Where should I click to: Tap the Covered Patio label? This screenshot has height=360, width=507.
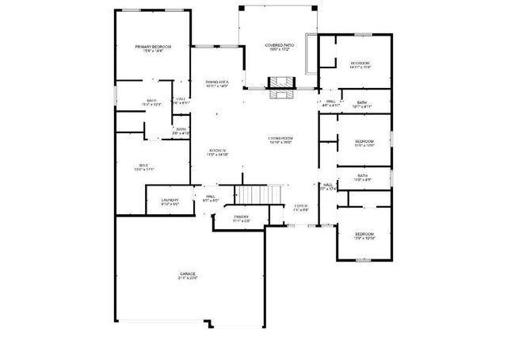(x=280, y=46)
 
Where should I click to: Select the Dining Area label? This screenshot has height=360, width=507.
(x=216, y=82)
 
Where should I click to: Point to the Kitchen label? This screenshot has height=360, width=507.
(x=217, y=150)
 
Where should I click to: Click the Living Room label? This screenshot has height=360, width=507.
(x=280, y=138)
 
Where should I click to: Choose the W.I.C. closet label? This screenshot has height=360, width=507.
(x=144, y=165)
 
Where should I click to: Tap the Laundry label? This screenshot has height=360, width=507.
(x=170, y=200)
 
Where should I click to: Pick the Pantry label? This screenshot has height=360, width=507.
(x=242, y=216)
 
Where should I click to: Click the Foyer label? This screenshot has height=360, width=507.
(x=301, y=206)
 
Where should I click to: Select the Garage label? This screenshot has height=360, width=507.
(x=187, y=274)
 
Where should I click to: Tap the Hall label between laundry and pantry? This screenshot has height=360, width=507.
(x=211, y=197)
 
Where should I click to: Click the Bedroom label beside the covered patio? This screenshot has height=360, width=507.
(x=360, y=63)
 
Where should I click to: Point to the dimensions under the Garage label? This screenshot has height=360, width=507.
(x=187, y=278)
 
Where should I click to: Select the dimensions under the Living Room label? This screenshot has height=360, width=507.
(x=280, y=143)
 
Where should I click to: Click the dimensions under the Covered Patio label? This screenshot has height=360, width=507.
(x=280, y=51)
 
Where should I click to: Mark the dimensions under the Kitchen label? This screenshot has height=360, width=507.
(x=217, y=155)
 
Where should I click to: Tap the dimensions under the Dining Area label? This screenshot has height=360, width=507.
(x=216, y=86)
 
